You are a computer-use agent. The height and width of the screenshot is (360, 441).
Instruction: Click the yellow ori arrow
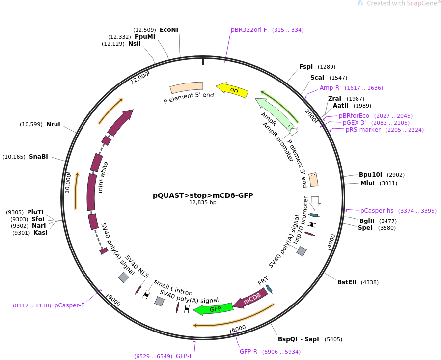pyautogui.click(x=232, y=89)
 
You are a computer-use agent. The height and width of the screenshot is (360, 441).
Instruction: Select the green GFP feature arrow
pyautogui.click(x=213, y=309)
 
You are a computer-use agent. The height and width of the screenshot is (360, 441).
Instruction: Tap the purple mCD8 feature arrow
pyautogui.click(x=250, y=298)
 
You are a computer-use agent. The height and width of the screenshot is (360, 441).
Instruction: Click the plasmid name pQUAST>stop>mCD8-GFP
pyautogui.click(x=203, y=195)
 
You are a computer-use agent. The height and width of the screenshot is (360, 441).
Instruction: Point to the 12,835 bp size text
pyautogui.click(x=203, y=202)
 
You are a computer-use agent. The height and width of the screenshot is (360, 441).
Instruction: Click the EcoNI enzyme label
pyautogui.click(x=169, y=30)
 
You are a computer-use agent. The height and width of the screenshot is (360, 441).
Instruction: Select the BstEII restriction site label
pyautogui.click(x=347, y=282)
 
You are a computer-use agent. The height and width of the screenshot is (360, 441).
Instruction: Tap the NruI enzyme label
pyautogui.click(x=53, y=124)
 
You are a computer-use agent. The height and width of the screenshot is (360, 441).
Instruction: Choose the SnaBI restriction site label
pyautogui.click(x=38, y=157)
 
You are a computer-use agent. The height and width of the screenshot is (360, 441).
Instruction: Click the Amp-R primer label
pyautogui.click(x=330, y=88)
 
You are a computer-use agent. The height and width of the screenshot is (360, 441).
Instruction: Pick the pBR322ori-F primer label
pyautogui.click(x=249, y=30)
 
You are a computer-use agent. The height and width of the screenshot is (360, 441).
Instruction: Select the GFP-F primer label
pyautogui.click(x=184, y=356)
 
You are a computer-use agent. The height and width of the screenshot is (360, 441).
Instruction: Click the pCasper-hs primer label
pyautogui.click(x=377, y=211)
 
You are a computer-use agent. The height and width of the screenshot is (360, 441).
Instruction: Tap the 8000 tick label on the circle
pyautogui.click(x=114, y=301)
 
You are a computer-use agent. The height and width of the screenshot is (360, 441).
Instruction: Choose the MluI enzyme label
pyautogui.click(x=367, y=183)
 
